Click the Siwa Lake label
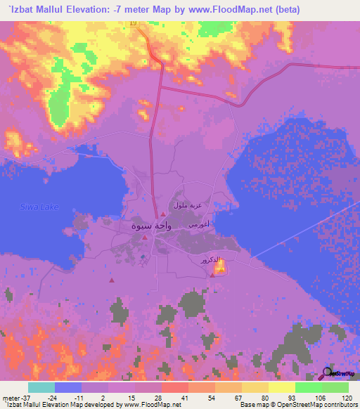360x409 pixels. (x=39, y=207)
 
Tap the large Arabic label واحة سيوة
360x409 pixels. (x=149, y=227)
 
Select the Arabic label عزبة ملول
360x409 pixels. (x=188, y=206)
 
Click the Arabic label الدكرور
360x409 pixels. (x=212, y=259)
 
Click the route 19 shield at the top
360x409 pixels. (x=132, y=23)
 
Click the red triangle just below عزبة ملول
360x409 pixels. (x=163, y=214)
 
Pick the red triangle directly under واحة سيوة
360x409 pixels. (x=145, y=238)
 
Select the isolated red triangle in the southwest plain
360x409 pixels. (x=111, y=281)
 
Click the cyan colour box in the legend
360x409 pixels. (x=41, y=387)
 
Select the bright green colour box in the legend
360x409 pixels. (x=309, y=387)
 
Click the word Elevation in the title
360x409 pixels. (x=77, y=9)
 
